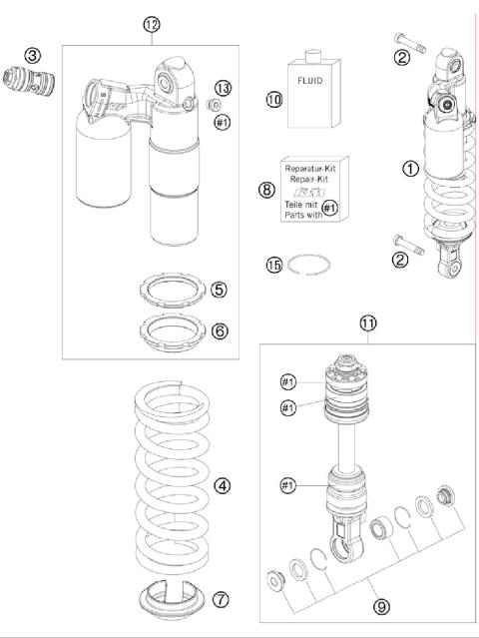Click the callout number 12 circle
[x=152, y=25]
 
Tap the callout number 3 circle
[x=33, y=56]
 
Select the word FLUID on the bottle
[x=309, y=81]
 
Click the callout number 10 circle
[x=274, y=99]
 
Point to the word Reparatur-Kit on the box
[x=310, y=168]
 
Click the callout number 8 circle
[x=266, y=190]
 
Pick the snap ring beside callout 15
[x=308, y=265]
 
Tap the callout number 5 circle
[x=219, y=290]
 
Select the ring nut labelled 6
[x=173, y=333]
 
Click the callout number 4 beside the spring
[x=222, y=486]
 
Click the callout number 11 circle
[x=368, y=323]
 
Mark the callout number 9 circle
[x=381, y=607]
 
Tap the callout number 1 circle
[x=411, y=168]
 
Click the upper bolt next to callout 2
[x=410, y=44]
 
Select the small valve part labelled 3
[x=29, y=81]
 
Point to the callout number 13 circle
[x=223, y=88]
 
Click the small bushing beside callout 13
[x=214, y=105]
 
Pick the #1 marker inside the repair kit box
[x=329, y=209]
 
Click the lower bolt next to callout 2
[x=409, y=245]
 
